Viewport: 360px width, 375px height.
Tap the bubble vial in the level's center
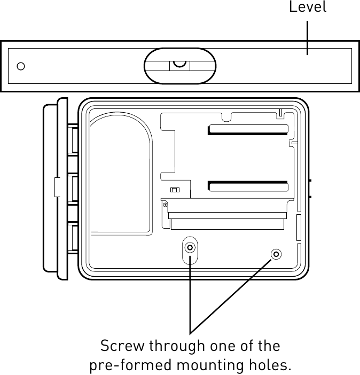(x=180, y=66)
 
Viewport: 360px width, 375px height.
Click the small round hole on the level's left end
(x=21, y=66)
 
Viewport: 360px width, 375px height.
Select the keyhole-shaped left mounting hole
(x=190, y=248)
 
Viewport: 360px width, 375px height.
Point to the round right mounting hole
(x=276, y=254)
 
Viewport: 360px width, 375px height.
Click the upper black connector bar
(x=248, y=130)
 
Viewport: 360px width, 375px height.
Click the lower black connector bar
(x=248, y=186)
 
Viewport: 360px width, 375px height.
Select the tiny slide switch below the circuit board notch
(x=174, y=190)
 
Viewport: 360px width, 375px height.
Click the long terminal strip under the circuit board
(x=227, y=220)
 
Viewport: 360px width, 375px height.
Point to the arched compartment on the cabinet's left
(x=121, y=176)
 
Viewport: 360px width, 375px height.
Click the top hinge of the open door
(x=73, y=138)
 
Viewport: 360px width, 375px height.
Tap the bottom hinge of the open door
(x=73, y=239)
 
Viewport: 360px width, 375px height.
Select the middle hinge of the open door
(x=73, y=188)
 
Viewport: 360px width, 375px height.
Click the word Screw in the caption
(x=122, y=346)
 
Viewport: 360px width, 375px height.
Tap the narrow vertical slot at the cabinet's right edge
(x=299, y=227)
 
